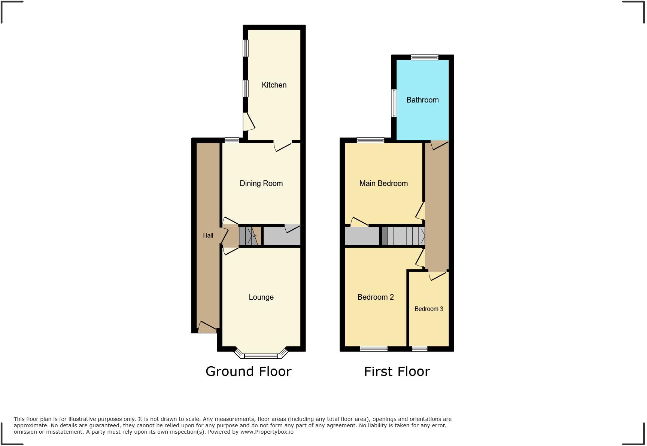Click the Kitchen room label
[x=274, y=85]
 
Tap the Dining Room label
[x=261, y=183]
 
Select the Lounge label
[x=261, y=297]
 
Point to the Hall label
[x=208, y=235]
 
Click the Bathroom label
[x=422, y=100]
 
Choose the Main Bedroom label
[x=383, y=183]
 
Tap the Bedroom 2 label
[x=376, y=297]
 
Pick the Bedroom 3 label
[x=429, y=309]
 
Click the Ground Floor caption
[x=248, y=372]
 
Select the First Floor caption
[x=397, y=372]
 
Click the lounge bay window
[x=261, y=355]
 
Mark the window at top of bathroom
[x=424, y=57]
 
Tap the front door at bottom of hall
[x=207, y=327]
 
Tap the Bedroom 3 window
[x=419, y=349]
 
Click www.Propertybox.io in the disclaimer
[x=267, y=432]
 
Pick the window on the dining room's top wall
[x=232, y=140]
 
